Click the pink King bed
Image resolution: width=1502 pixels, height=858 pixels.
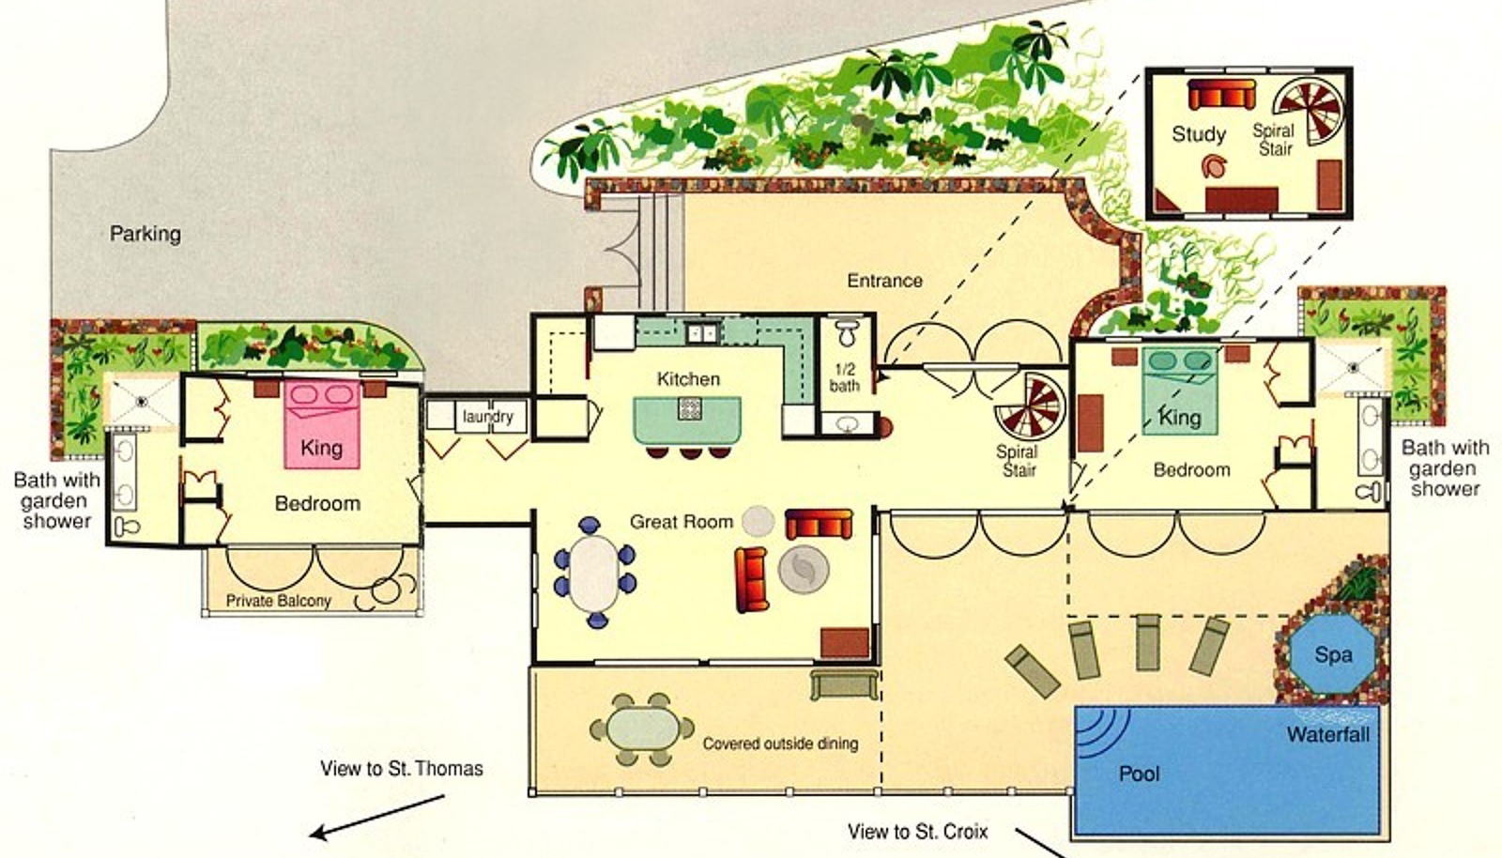pos(322,424)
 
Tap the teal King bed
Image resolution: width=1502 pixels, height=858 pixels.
pos(1179,391)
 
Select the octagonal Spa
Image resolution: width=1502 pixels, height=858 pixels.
pos(1332,653)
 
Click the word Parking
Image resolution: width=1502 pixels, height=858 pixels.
pos(146,234)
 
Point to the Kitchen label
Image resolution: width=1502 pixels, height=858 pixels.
pos(688,378)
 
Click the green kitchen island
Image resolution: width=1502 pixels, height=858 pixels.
pos(688,420)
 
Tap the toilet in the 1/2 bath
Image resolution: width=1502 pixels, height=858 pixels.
pos(847,333)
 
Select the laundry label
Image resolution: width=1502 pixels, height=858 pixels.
pos(487,417)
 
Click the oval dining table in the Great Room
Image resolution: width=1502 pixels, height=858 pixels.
pos(594,574)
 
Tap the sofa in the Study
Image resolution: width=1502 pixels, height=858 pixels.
pos(1221,95)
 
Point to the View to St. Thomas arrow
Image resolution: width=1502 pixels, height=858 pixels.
pos(376,817)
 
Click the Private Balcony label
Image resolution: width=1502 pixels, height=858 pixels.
pos(278,601)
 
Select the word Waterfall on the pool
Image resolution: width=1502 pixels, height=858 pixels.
pos(1327,735)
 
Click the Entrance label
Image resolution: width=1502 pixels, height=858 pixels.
pos(884,280)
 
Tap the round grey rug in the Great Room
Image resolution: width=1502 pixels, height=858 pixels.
pos(804,569)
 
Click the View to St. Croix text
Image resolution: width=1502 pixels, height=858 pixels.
pos(917,832)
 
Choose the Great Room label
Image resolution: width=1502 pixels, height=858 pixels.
pos(682,522)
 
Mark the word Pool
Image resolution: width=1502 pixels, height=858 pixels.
pos(1140,774)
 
